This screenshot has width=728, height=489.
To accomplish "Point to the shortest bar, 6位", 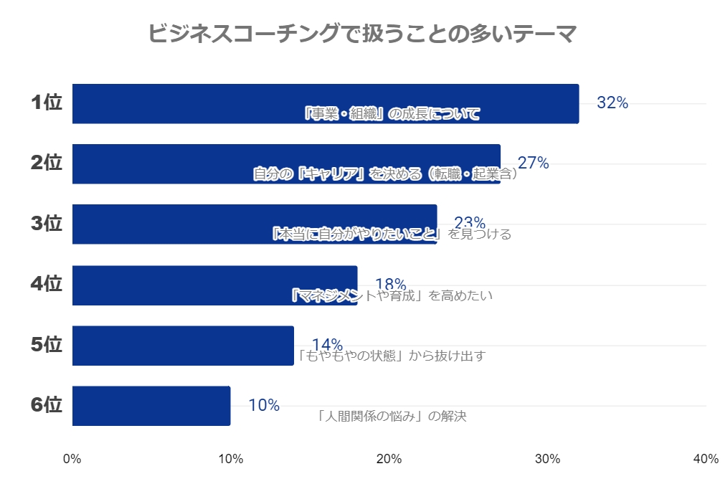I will click(151, 406).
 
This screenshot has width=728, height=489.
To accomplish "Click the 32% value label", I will click(613, 103).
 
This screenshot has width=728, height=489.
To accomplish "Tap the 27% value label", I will click(534, 163).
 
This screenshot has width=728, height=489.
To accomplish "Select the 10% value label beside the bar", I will click(264, 406).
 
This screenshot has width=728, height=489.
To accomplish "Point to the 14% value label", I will click(327, 345).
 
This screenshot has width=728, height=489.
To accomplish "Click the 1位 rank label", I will click(47, 103).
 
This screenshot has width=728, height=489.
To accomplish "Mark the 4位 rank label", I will click(47, 285).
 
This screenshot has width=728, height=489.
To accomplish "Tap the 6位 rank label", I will click(47, 406).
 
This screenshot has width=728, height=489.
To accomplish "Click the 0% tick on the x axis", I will click(72, 460).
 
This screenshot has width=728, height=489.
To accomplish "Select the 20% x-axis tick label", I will click(389, 460).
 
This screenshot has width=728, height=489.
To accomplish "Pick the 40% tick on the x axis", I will click(706, 460).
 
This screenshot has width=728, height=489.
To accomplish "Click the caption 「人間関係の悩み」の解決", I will click(392, 416).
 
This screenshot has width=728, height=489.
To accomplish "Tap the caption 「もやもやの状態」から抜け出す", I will click(391, 356).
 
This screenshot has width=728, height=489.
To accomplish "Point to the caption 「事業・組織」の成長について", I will click(391, 114).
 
